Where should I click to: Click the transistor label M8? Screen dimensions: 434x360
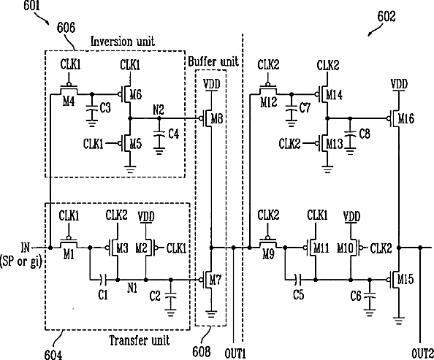(217, 119)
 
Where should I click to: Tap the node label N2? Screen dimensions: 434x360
(159, 110)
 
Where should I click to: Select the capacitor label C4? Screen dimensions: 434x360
(174, 134)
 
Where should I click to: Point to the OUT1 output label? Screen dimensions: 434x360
(235, 353)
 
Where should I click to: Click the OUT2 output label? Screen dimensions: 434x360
(422, 353)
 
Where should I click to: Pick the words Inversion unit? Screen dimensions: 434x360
(123, 42)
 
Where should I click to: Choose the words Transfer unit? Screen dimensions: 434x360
(140, 340)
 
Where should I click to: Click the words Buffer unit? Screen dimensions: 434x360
(213, 61)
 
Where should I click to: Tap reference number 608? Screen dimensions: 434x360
(201, 352)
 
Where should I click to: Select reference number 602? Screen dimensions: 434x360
(387, 17)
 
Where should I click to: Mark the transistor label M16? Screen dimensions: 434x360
(406, 119)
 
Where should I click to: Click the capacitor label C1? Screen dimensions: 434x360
(103, 295)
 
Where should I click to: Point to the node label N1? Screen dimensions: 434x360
(132, 288)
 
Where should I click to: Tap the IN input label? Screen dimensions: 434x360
(25, 247)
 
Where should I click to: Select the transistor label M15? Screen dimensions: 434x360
(406, 279)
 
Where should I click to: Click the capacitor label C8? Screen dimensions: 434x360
(365, 134)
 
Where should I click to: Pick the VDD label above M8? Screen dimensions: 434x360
(212, 84)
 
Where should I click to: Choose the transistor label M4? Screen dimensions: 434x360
(69, 102)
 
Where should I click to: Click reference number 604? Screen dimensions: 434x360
(53, 355)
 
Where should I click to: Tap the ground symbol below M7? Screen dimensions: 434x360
(211, 314)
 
